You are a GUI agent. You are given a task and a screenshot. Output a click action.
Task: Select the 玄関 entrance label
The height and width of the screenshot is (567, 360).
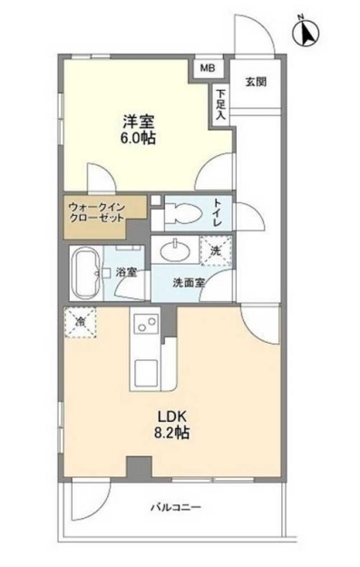point(255,82)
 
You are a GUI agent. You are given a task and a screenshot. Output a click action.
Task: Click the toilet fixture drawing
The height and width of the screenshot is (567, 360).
point(179,214)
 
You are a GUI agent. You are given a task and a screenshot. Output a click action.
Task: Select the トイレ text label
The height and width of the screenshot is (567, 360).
point(218,211)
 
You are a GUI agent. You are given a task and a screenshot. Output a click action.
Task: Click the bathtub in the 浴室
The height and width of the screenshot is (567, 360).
point(87,270)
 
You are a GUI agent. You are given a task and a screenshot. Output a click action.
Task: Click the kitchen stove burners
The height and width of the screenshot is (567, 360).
point(146,323)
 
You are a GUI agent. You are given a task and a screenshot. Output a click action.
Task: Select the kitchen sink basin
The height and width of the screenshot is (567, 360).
point(146,373)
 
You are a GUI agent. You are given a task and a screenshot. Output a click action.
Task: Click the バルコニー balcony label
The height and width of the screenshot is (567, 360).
point(176,506)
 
